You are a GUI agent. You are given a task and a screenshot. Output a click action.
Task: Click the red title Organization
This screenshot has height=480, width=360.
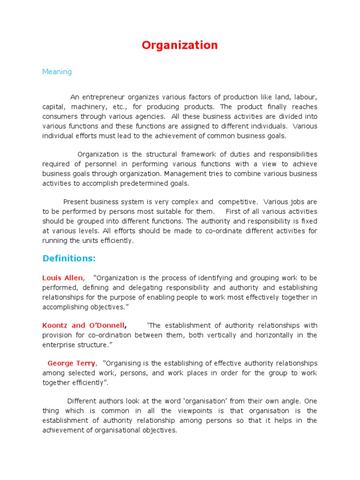(180, 45)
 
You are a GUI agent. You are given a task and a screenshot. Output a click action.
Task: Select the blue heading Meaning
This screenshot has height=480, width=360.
(57, 72)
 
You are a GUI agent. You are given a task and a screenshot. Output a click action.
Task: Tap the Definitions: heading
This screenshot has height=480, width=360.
(69, 258)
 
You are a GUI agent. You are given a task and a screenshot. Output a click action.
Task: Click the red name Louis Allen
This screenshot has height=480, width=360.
(62, 278)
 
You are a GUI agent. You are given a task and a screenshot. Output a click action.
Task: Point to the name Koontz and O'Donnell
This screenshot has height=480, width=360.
(83, 325)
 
